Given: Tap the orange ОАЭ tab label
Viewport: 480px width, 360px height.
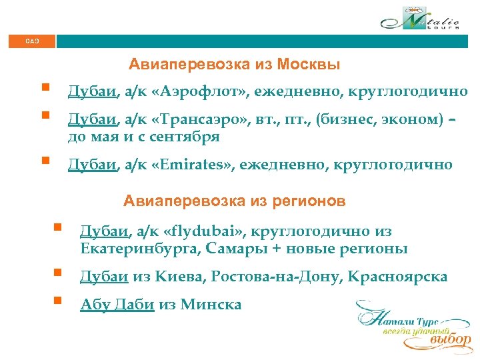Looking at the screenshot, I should click(x=32, y=41).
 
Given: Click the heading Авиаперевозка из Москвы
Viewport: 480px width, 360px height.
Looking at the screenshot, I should click(x=235, y=65).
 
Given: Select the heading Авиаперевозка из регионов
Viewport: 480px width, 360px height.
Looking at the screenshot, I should click(x=234, y=201).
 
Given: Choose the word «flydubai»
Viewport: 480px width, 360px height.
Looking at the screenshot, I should click(x=206, y=232).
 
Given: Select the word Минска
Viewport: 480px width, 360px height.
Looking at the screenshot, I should click(x=211, y=305).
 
